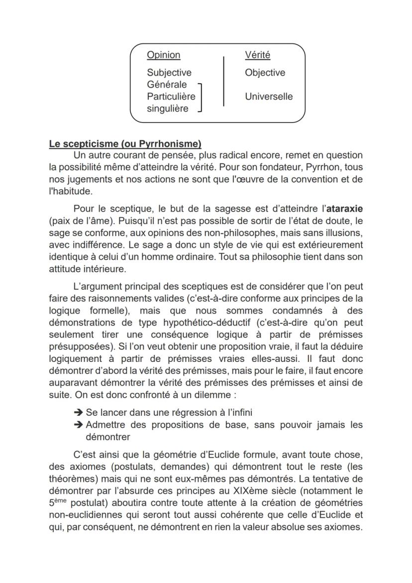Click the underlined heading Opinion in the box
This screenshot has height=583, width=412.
pyautogui.click(x=163, y=55)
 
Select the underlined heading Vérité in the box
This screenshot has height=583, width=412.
pyautogui.click(x=257, y=55)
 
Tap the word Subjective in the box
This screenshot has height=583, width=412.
pyautogui.click(x=169, y=73)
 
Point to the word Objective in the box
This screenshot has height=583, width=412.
pyautogui.click(x=265, y=73)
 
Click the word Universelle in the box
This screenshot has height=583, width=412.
pyautogui.click(x=269, y=97)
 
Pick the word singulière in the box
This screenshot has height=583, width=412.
pyautogui.click(x=168, y=109)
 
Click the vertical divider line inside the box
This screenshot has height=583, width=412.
pyautogui.click(x=223, y=81)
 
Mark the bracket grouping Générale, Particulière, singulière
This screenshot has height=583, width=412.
pyautogui.click(x=200, y=97)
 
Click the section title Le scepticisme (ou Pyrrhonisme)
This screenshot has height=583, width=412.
pyautogui.click(x=125, y=144)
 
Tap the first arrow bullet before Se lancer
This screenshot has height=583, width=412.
pyautogui.click(x=78, y=413)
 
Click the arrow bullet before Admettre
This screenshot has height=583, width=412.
pyautogui.click(x=78, y=425)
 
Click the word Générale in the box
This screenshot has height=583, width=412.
pyautogui.click(x=167, y=85)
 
